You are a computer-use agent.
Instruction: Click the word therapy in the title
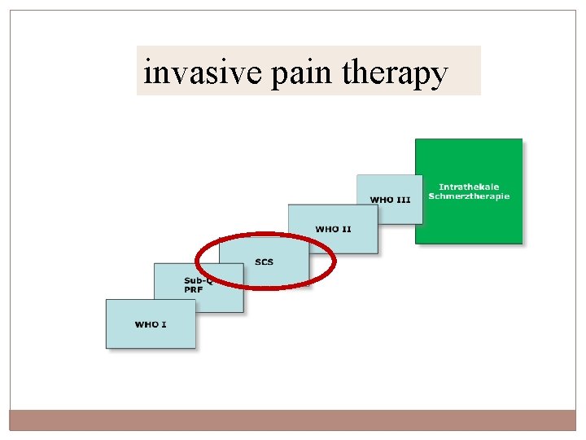tap(396, 74)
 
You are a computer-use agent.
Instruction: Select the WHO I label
tap(151, 324)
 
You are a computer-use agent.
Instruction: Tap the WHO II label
tap(333, 229)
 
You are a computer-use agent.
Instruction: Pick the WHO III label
tap(390, 200)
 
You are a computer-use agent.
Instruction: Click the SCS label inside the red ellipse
tap(264, 262)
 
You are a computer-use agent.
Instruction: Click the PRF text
tap(193, 289)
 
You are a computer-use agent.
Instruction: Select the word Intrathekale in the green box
tap(469, 187)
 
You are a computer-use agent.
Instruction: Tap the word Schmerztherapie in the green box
tap(469, 196)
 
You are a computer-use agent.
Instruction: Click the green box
tap(469, 220)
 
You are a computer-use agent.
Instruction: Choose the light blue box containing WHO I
tap(151, 334)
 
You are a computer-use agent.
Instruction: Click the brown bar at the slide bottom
tap(293, 420)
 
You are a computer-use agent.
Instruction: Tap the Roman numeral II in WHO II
tap(346, 229)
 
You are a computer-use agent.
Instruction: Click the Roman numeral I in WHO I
tap(164, 324)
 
